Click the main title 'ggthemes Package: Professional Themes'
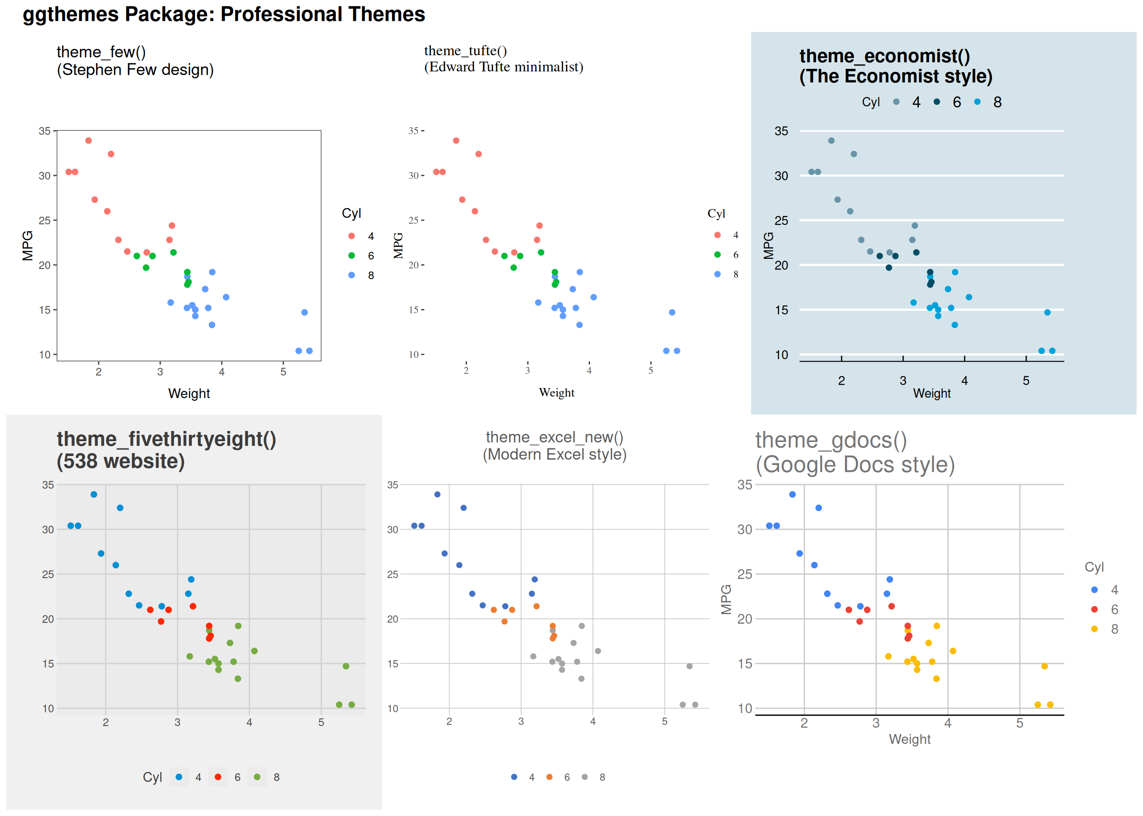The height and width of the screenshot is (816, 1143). pos(224,14)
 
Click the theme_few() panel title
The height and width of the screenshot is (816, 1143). pos(135,60)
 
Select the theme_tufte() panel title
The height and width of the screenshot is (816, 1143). pos(503,59)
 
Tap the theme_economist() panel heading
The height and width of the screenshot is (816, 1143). pos(895,66)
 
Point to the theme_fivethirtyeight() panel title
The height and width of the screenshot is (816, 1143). pos(166,450)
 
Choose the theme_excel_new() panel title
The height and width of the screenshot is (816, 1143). pos(554,446)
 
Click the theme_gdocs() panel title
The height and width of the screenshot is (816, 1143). pos(854,452)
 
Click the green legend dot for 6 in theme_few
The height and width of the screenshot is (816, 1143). pos(351,256)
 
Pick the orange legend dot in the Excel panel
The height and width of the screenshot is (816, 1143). pos(549,777)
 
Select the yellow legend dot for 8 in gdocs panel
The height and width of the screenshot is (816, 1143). pos(1094,629)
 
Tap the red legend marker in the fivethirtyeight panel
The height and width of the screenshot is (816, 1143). pos(218,777)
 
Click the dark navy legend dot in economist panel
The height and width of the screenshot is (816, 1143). pos(936,102)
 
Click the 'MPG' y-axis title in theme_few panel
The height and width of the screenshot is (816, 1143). pos(28,246)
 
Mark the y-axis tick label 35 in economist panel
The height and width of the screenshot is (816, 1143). pos(781,131)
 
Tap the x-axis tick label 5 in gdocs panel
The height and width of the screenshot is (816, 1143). pos(1019,723)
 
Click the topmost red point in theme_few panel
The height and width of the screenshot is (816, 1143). pos(88,141)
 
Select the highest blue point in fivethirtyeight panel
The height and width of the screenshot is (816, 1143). pos(94,494)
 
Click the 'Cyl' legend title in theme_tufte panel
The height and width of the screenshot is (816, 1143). pos(716,213)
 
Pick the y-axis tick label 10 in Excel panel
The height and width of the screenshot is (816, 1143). pos(392,708)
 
